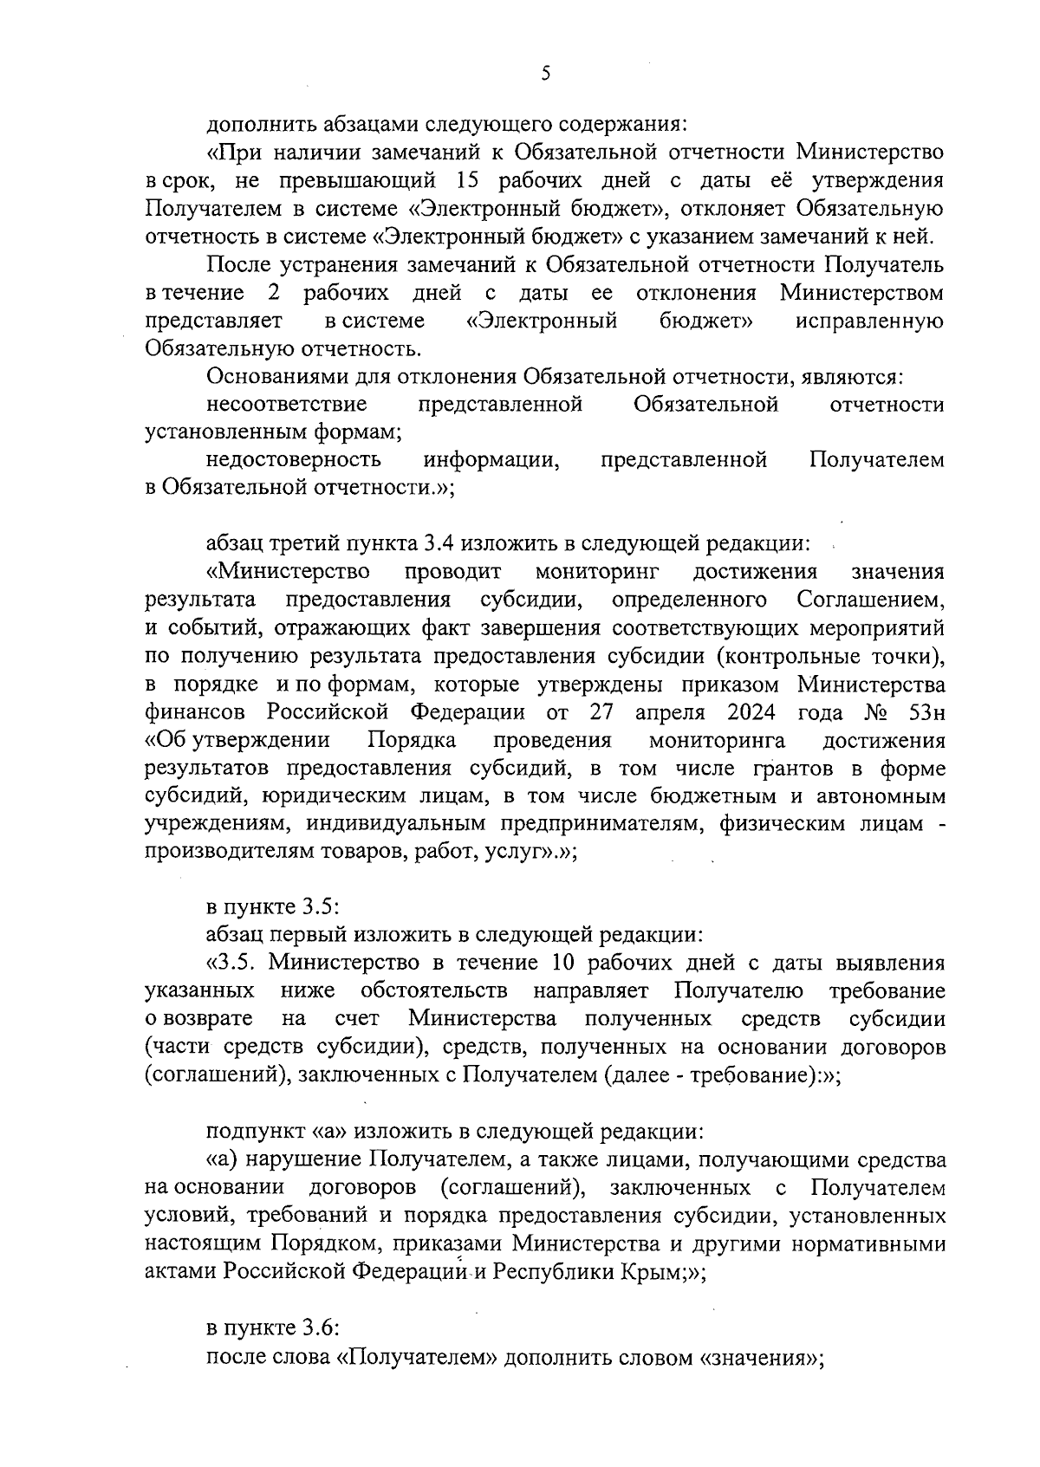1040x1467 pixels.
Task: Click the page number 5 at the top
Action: coord(544,74)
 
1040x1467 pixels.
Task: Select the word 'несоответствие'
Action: coord(287,405)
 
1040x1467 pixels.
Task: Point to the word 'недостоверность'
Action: coord(294,460)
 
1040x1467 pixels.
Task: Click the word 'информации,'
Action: coord(491,460)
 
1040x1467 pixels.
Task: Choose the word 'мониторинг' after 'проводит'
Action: coord(598,572)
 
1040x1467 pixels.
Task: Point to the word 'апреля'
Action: coord(664,712)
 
